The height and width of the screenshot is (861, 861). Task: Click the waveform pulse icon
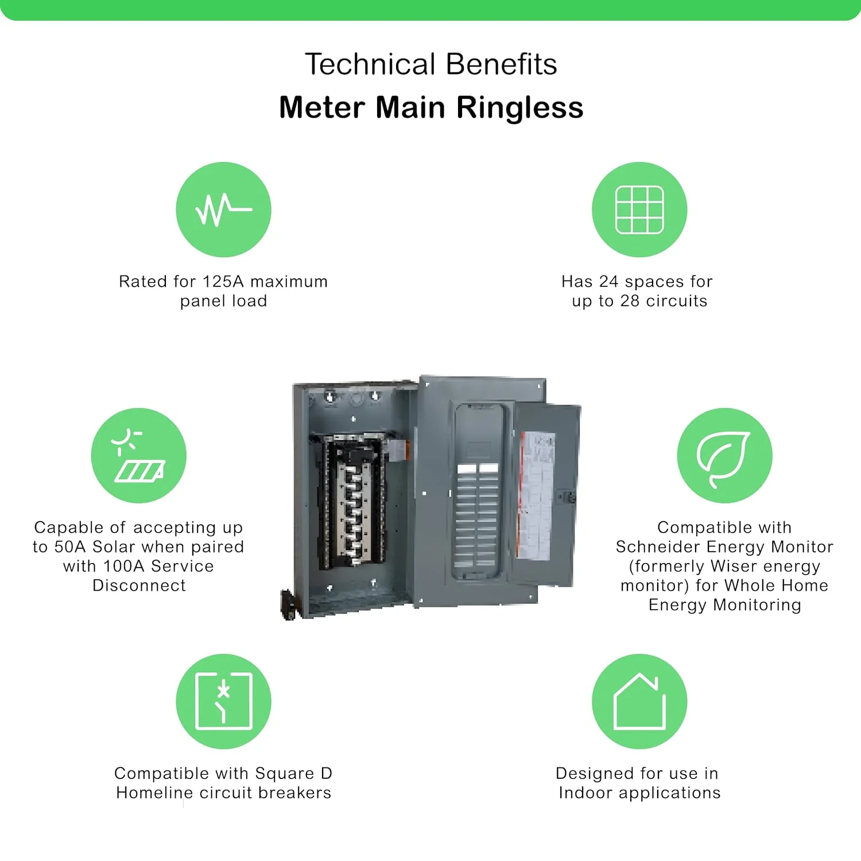[x=223, y=210]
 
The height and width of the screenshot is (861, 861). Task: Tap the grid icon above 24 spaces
[x=639, y=210]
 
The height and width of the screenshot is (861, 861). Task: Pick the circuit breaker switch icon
[x=223, y=701]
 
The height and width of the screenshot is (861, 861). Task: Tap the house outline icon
[x=639, y=701]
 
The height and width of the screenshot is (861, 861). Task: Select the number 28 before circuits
[x=631, y=301]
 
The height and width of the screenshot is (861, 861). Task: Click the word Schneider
[x=658, y=546]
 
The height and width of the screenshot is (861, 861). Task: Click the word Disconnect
[x=139, y=585]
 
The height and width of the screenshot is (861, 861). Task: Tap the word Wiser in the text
[x=732, y=566]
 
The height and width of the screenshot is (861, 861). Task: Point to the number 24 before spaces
[x=608, y=281]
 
